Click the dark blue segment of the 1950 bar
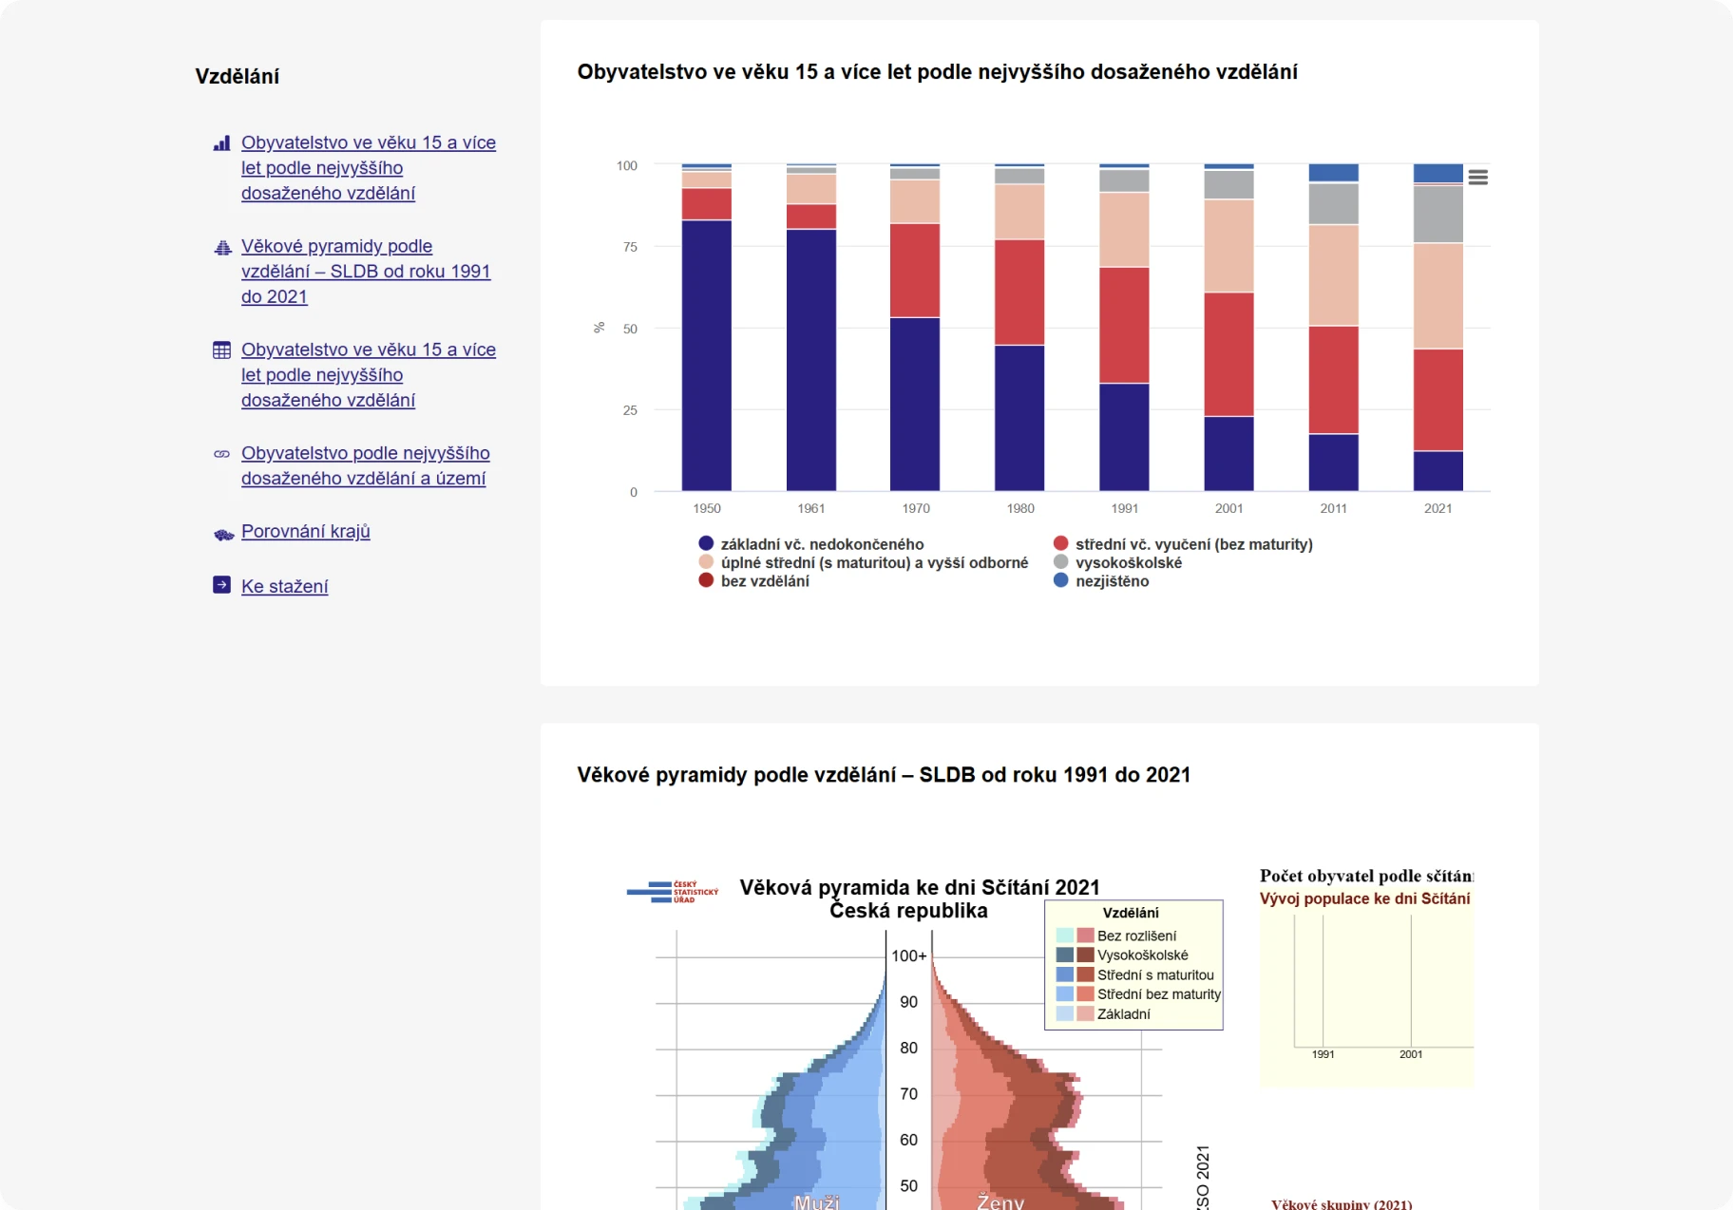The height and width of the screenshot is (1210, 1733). tap(706, 356)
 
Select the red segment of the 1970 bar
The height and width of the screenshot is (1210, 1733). tap(915, 271)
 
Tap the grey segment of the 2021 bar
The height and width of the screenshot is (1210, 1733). tap(1438, 215)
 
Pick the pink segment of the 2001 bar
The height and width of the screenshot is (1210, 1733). tap(1228, 246)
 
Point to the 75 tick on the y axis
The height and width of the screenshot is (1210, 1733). tap(630, 247)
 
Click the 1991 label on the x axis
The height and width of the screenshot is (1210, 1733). tap(1125, 508)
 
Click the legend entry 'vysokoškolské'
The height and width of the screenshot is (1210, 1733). tap(1128, 562)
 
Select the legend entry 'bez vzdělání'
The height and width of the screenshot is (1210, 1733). tap(764, 581)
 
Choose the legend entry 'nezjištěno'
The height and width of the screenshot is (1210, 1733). tap(1112, 581)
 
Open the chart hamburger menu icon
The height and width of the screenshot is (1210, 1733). tap(1477, 178)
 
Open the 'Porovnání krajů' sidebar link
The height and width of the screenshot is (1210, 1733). tap(305, 532)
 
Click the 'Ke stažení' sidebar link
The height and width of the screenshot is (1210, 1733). tap(284, 586)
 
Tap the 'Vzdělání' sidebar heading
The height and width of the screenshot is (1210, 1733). tap(237, 77)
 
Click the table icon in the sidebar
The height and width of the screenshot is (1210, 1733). tap(221, 350)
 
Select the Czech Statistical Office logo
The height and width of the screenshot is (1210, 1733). tap(672, 891)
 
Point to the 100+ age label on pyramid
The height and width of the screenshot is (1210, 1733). tap(908, 955)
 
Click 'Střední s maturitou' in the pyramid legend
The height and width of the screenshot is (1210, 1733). tap(1154, 974)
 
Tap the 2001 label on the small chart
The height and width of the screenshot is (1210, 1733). tap(1410, 1054)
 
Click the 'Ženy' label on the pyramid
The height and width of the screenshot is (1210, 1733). tap(1000, 1201)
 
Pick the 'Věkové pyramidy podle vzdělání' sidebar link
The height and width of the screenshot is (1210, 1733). tap(365, 272)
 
